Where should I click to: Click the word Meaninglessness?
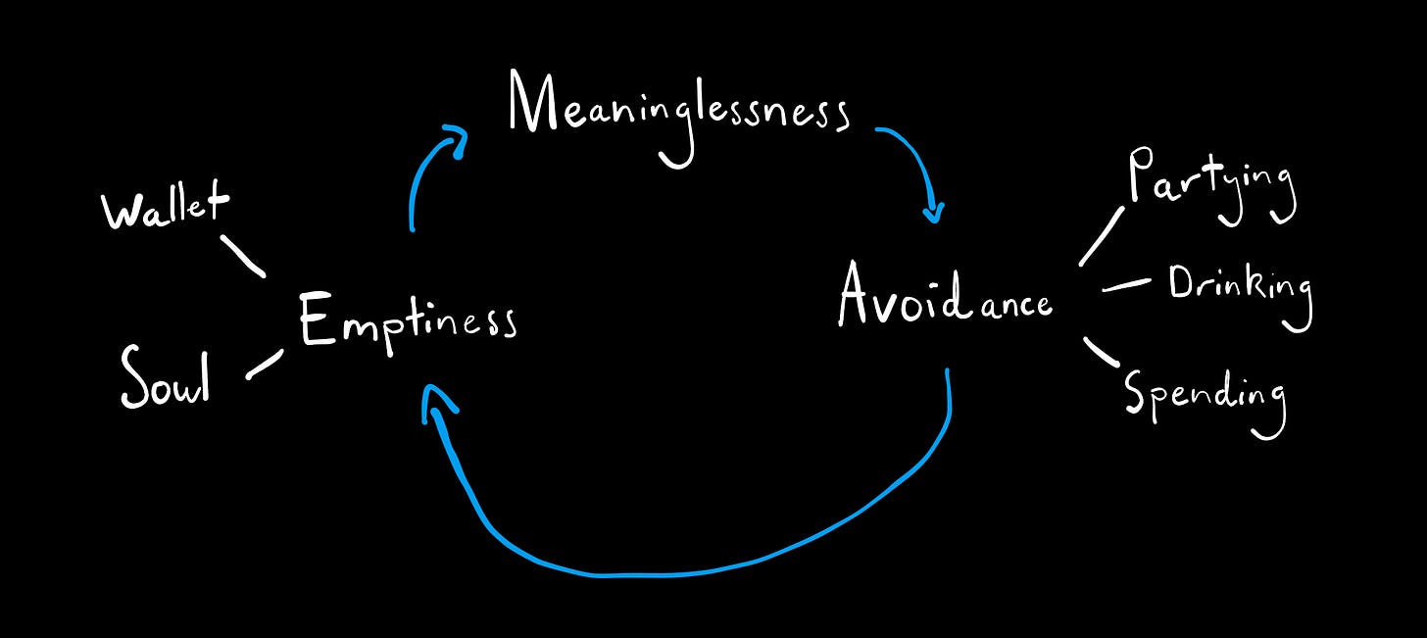(678, 110)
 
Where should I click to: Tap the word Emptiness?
(407, 321)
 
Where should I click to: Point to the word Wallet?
(165, 208)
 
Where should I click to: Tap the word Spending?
(1205, 395)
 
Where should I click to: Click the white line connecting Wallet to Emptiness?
(242, 255)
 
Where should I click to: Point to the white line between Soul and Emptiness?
(265, 364)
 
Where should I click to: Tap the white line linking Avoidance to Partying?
(1102, 236)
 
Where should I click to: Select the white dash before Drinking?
(1126, 286)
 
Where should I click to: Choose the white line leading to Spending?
(1102, 351)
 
